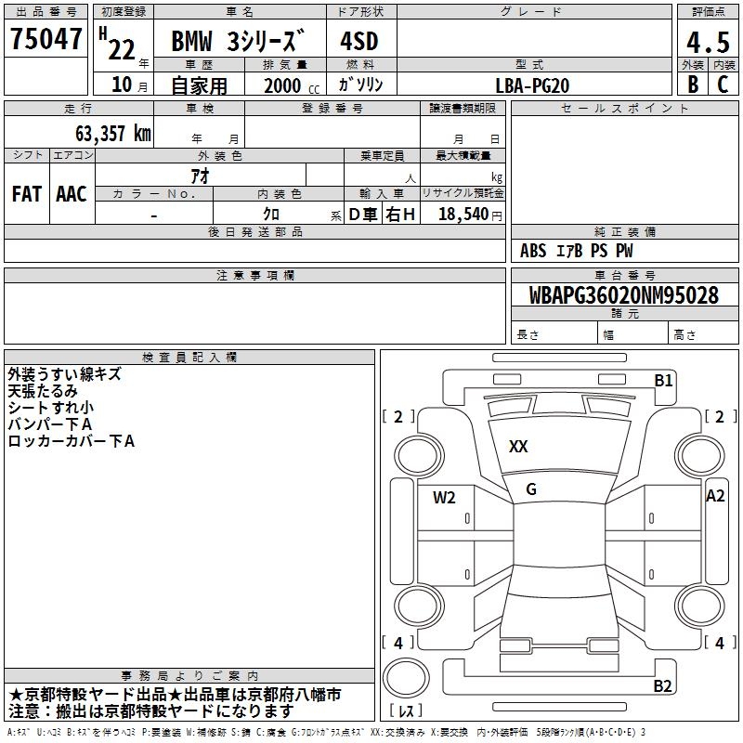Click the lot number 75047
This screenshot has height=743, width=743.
46,39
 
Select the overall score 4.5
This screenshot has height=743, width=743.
708,42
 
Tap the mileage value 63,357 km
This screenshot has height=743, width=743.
113,133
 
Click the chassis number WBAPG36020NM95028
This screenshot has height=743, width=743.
623,294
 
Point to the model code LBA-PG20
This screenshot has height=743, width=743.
532,85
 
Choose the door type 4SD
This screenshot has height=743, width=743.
359,41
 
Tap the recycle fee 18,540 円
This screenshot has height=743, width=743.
470,215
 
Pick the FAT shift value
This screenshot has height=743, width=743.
27,194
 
